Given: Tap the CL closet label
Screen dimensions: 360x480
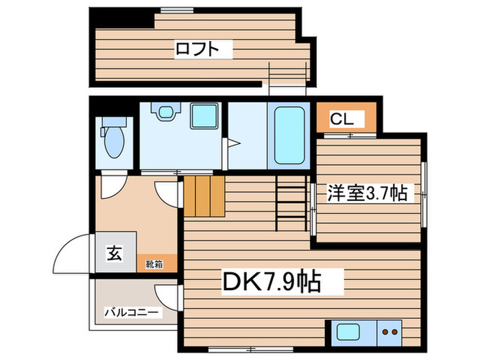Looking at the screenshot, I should tap(342, 119).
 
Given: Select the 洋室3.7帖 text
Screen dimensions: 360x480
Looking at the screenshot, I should tap(366, 194).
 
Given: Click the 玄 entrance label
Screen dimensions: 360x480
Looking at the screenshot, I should tap(114, 253).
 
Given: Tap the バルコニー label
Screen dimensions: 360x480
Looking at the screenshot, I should tap(132, 313).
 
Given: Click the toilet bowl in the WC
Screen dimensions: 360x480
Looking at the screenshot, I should tap(111, 143).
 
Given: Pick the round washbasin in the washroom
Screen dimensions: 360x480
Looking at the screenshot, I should tap(165, 114).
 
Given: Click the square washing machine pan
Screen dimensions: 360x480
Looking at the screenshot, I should tap(202, 117).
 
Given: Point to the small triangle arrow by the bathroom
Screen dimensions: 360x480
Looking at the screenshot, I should tap(232, 144).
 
